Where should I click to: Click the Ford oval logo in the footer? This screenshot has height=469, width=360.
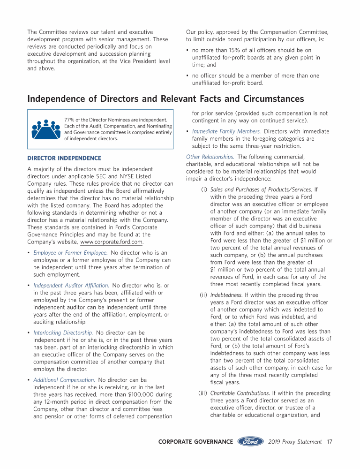tap(250, 441)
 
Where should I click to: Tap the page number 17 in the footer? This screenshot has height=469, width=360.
tap(330, 442)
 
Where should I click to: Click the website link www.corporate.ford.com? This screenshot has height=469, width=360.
tap(112, 242)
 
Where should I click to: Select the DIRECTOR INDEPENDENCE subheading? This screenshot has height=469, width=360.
tap(64, 158)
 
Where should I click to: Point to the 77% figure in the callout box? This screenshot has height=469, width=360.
tap(70, 121)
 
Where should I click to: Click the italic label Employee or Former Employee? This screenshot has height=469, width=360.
tap(70, 253)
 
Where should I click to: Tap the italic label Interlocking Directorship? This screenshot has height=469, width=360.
tap(63, 333)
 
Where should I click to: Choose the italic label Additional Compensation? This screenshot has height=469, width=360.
tap(64, 380)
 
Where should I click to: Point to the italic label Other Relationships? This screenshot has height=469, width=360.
tap(210, 157)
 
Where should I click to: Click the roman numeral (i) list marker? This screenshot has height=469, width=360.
tap(204, 189)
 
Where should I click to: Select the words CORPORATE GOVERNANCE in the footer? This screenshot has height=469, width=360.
tap(195, 442)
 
